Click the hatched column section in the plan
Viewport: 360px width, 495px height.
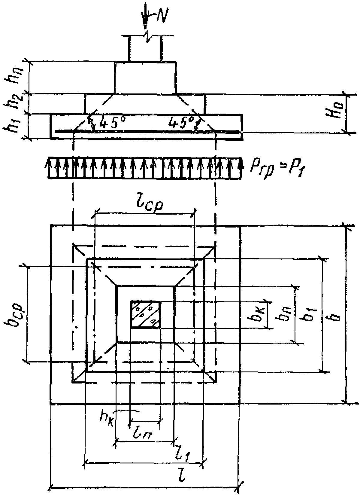click(x=146, y=314)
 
